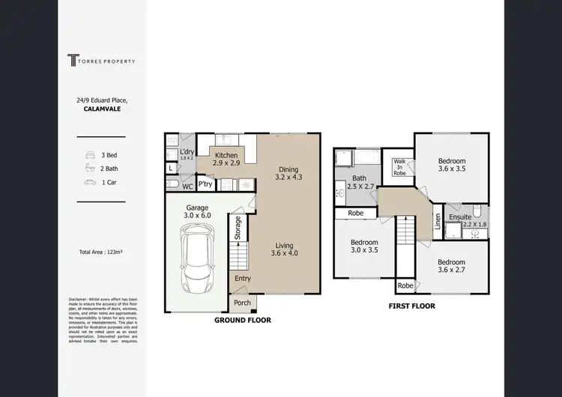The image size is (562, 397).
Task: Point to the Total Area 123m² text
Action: click(x=100, y=252)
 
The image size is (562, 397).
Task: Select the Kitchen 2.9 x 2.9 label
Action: click(x=226, y=159)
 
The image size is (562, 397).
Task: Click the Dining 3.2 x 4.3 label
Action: click(x=288, y=174)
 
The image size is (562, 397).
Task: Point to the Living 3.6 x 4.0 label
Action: click(x=284, y=249)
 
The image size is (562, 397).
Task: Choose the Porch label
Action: click(x=242, y=303)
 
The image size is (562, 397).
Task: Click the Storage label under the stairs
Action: click(x=238, y=227)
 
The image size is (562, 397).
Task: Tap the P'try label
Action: click(x=205, y=184)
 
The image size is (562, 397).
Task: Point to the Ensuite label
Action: click(x=460, y=217)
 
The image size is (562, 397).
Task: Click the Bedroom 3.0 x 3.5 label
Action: click(x=363, y=247)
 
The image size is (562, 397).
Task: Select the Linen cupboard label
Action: click(x=438, y=222)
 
